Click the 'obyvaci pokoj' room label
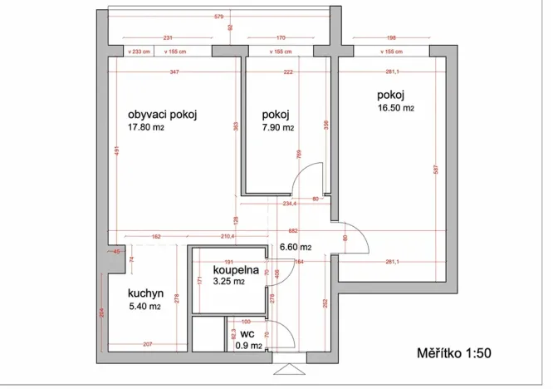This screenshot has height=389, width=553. tap(162, 115)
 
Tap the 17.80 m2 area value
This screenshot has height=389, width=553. tap(151, 128)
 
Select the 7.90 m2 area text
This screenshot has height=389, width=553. tap(277, 128)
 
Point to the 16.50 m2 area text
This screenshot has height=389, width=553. tap(395, 107)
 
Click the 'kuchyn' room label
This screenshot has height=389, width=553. tap(145, 293)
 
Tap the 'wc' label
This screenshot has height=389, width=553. tap(247, 334)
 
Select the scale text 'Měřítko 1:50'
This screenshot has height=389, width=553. tap(454, 353)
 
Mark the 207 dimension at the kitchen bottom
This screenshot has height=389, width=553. tap(146, 344)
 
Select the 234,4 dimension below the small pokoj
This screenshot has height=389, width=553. tap(289, 203)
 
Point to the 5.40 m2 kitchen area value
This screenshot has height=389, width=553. tap(144, 307)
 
